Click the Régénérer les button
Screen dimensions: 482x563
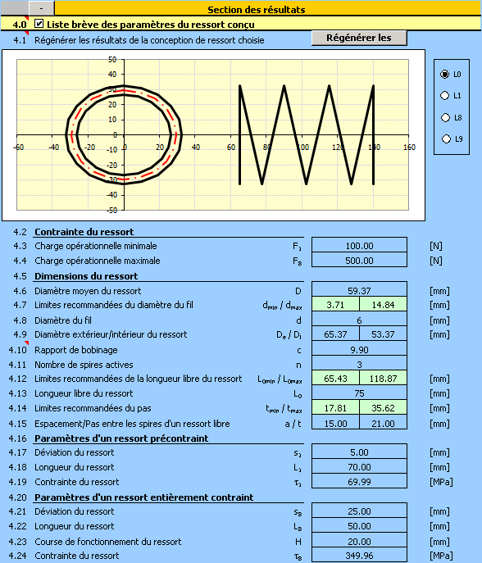click(x=359, y=38)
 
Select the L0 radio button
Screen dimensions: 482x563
click(x=444, y=75)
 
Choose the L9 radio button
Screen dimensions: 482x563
click(x=446, y=139)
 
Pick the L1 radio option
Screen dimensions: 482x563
click(x=444, y=96)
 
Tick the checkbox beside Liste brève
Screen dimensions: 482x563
click(x=39, y=24)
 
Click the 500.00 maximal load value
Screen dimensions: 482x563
click(x=359, y=261)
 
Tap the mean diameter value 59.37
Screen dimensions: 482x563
click(x=359, y=290)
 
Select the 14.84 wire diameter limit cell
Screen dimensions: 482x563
click(x=384, y=305)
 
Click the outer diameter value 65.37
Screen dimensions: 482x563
click(x=335, y=334)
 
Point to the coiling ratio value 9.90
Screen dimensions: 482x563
click(x=359, y=350)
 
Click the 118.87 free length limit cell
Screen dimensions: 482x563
click(x=384, y=379)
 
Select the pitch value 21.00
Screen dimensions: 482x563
click(x=384, y=424)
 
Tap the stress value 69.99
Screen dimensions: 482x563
click(x=359, y=482)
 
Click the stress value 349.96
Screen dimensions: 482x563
click(x=359, y=556)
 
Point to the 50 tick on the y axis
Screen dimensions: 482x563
click(x=112, y=60)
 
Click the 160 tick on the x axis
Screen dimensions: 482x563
click(x=409, y=148)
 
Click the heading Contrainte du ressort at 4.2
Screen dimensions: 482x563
click(x=84, y=232)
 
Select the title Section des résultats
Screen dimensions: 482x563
click(x=257, y=10)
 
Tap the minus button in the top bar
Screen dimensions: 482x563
click(x=41, y=8)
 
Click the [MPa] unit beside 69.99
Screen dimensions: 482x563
click(x=441, y=482)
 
